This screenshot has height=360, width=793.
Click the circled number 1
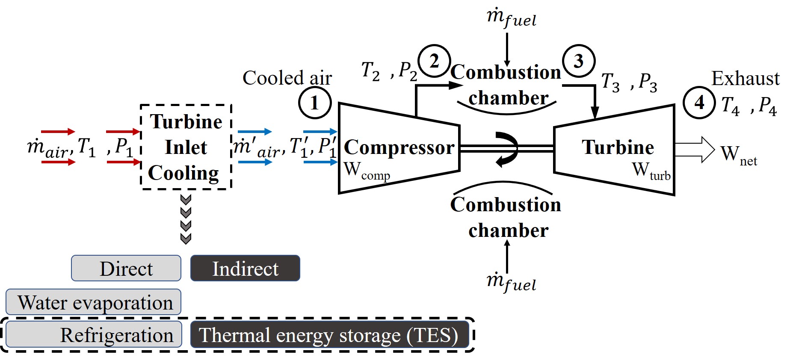click(x=314, y=103)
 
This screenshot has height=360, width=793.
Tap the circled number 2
click(x=434, y=61)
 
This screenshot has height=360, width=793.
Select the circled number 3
click(x=578, y=61)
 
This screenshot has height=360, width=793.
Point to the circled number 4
click(x=699, y=103)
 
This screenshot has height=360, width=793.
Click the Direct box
click(x=126, y=269)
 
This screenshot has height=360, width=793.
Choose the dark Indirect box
click(x=245, y=269)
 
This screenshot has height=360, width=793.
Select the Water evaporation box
click(x=94, y=302)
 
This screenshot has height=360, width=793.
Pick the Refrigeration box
click(x=94, y=335)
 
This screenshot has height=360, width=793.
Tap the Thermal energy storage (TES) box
click(x=329, y=335)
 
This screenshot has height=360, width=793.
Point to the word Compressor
click(x=399, y=148)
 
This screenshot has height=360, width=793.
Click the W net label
click(x=738, y=155)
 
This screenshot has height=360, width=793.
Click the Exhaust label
click(x=746, y=79)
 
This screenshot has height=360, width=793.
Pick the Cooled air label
click(x=287, y=78)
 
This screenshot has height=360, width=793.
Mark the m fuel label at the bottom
click(x=511, y=282)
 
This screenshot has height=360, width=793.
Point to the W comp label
click(x=367, y=171)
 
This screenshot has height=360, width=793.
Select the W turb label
click(x=651, y=171)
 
